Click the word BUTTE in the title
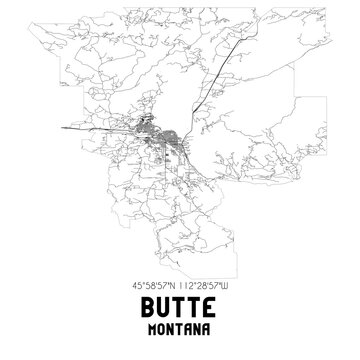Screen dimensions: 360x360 pyautogui.click(x=180, y=307)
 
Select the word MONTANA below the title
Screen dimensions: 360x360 pyautogui.click(x=180, y=331)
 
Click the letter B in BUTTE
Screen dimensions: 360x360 pyautogui.click(x=146, y=307)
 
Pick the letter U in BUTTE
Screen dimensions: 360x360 pyautogui.click(x=163, y=307)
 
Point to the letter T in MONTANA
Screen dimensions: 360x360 pyautogui.click(x=180, y=331)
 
